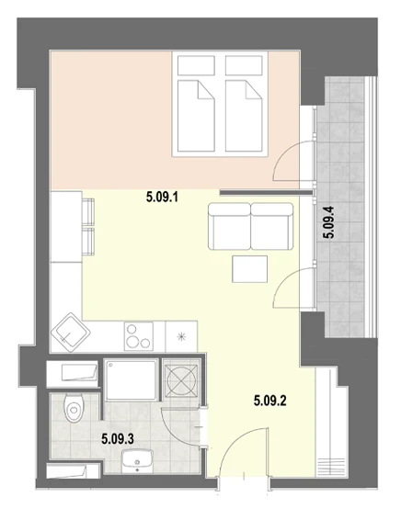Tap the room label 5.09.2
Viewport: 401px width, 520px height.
(269, 401)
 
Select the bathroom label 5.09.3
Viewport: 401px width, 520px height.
(118, 439)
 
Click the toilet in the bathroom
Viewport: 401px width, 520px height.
(74, 408)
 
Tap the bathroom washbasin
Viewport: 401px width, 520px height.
(137, 461)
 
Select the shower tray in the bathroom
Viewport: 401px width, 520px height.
(132, 380)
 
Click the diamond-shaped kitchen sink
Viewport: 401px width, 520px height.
(71, 333)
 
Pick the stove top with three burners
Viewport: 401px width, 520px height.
(139, 336)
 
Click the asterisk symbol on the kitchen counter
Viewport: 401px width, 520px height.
(182, 336)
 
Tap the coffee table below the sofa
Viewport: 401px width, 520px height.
(249, 269)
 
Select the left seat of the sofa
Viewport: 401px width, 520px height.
(229, 227)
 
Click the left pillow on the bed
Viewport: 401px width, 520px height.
(196, 65)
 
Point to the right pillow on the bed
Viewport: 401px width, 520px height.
(244, 65)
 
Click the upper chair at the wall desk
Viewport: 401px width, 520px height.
(88, 212)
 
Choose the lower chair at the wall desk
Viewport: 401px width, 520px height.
(88, 242)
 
